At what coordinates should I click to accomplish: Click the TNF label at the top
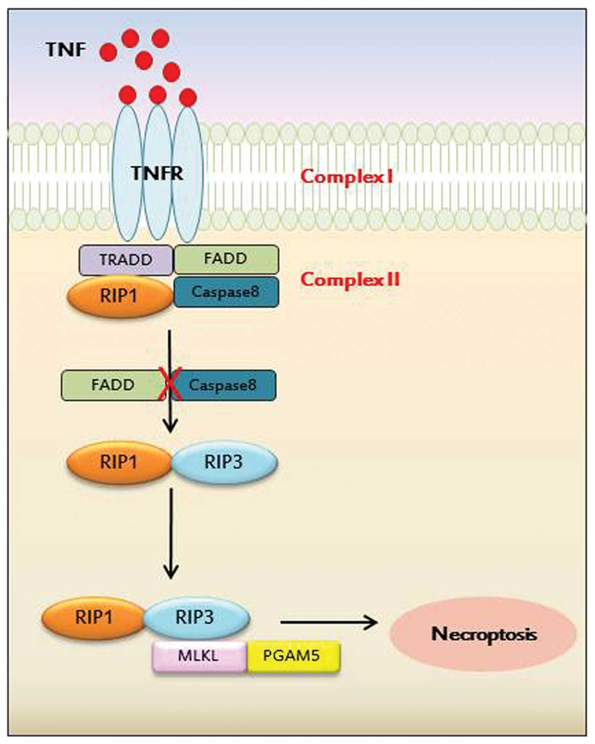point(66,49)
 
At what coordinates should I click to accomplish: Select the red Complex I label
point(347,177)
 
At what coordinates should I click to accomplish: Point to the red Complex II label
point(350,279)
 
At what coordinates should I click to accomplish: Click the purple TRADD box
point(126,260)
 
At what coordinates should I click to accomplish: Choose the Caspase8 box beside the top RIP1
point(226,292)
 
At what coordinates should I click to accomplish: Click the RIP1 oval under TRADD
point(119,296)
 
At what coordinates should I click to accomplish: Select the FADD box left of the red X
point(114,385)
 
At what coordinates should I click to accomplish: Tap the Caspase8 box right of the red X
point(224,385)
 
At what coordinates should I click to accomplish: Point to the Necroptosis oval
point(483,634)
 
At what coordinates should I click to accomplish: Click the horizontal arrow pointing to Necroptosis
point(329,623)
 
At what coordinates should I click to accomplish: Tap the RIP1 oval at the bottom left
point(94,618)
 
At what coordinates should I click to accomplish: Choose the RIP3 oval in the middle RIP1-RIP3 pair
point(224,462)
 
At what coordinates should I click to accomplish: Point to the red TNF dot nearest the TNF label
point(108,52)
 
